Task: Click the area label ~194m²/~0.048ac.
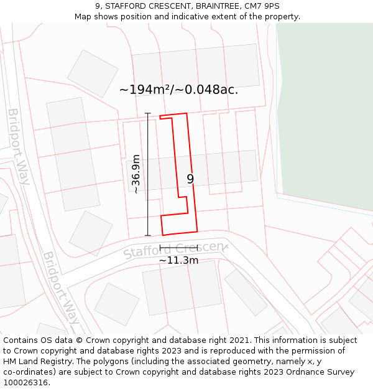pyautogui.click(x=178, y=90)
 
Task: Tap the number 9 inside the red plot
pyautogui.click(x=190, y=179)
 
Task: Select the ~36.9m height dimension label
pyautogui.click(x=136, y=174)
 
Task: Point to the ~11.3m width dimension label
pyautogui.click(x=178, y=260)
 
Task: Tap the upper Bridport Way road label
pyautogui.click(x=19, y=147)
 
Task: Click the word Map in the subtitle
pyautogui.click(x=84, y=16)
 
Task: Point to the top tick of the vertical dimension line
pyautogui.click(x=148, y=113)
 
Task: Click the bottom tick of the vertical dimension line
pyautogui.click(x=148, y=235)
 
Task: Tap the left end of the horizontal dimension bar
pyautogui.click(x=160, y=248)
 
